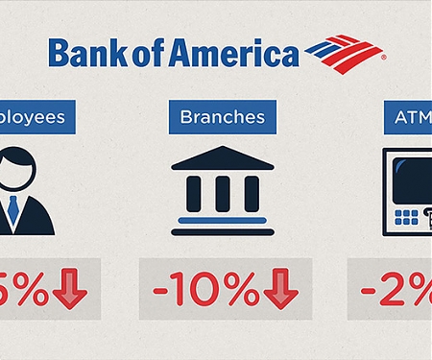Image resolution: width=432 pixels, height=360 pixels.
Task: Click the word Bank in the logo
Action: coord(79,53)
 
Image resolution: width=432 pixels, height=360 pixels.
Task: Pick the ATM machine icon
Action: coord(407,192)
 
